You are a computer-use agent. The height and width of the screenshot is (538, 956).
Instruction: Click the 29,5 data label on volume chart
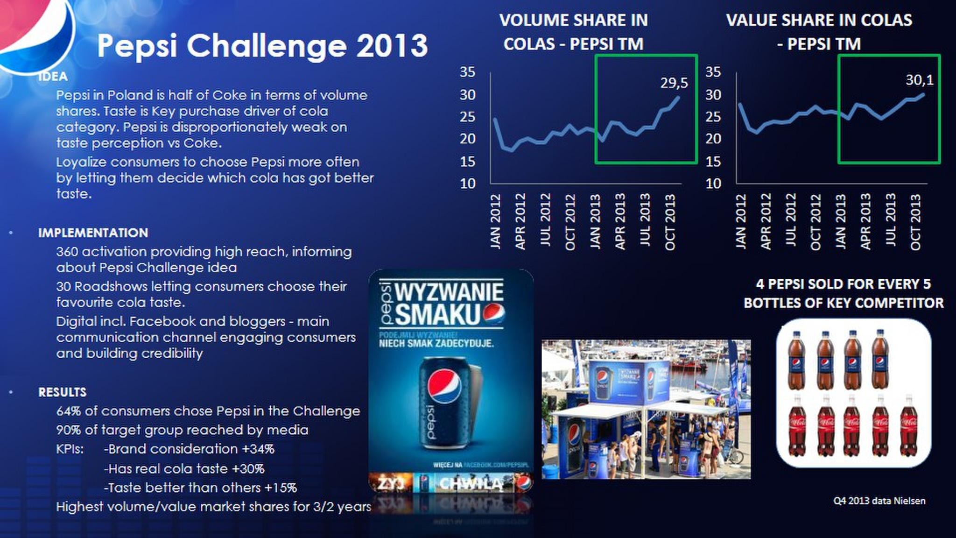click(x=674, y=83)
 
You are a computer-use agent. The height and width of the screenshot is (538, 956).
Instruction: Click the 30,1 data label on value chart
click(x=919, y=80)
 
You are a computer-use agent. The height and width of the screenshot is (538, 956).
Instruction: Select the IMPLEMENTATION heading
click(x=93, y=233)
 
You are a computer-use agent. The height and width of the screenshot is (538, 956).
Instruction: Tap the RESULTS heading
click(x=62, y=392)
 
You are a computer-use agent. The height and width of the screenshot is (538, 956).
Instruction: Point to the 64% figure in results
click(x=68, y=411)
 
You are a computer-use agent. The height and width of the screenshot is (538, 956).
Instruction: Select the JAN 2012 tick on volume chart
click(x=495, y=221)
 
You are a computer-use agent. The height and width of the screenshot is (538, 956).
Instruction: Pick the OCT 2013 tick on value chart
click(x=915, y=221)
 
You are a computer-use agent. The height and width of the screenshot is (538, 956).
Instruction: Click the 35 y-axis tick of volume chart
click(x=467, y=72)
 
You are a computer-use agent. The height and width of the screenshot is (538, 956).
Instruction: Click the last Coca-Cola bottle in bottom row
click(x=908, y=426)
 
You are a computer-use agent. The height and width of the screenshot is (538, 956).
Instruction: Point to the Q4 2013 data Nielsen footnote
click(x=879, y=501)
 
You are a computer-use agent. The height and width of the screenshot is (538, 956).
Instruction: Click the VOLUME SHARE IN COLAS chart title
click(x=573, y=32)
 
